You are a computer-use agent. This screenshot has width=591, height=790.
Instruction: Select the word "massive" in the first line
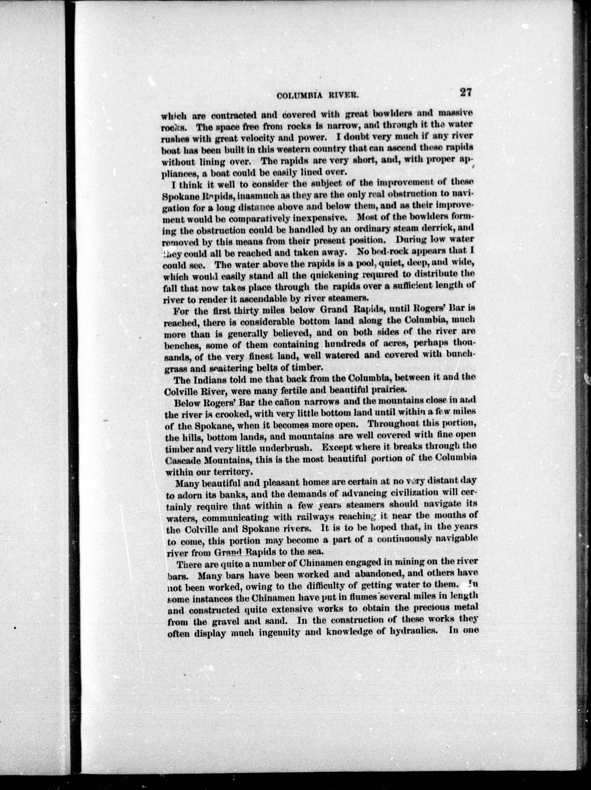click(x=455, y=114)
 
